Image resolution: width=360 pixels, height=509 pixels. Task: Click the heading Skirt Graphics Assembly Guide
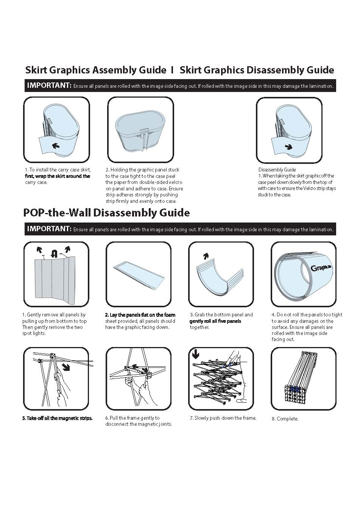click(95, 70)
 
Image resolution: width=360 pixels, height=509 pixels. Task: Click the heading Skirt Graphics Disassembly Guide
click(257, 70)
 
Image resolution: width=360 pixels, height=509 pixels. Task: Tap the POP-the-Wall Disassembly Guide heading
click(106, 213)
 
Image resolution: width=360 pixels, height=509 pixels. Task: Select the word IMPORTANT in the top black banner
click(49, 86)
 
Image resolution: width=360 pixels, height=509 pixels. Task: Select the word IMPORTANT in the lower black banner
click(49, 229)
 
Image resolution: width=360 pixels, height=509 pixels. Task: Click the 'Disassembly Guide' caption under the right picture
click(277, 170)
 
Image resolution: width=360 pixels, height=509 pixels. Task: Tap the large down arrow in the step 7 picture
click(195, 354)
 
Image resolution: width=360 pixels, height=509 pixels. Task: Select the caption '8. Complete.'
click(285, 419)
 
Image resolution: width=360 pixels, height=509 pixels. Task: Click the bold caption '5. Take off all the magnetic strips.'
click(57, 418)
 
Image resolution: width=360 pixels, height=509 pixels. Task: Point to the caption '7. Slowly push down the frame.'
click(223, 418)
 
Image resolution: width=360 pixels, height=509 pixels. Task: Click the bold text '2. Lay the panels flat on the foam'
click(140, 315)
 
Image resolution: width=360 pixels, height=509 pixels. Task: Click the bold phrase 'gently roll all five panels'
click(215, 321)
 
